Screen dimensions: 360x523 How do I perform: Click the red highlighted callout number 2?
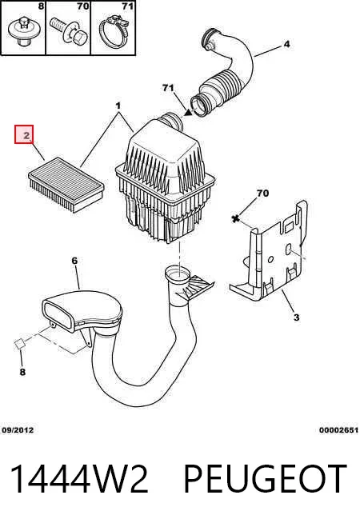tap(24, 134)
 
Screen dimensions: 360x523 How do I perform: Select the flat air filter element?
tap(66, 184)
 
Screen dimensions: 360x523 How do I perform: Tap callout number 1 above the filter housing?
tap(118, 106)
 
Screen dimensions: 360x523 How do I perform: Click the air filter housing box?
tap(165, 180)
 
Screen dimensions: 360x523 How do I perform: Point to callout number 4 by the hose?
tap(286, 44)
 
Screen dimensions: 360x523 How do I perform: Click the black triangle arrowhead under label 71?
tap(189, 113)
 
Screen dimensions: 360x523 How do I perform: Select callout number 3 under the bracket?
tap(296, 317)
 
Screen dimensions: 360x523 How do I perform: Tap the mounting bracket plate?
tap(269, 252)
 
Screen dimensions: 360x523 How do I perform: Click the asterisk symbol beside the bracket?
tap(236, 219)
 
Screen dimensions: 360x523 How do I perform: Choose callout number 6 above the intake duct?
tap(74, 261)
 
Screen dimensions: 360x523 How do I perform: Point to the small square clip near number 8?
tap(19, 344)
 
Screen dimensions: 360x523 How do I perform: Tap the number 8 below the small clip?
tap(22, 372)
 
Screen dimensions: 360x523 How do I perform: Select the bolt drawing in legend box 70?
tap(68, 32)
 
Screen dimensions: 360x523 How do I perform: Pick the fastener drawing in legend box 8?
tap(22, 32)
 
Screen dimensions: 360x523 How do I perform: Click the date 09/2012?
tap(18, 430)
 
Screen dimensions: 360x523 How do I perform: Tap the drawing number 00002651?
tap(338, 430)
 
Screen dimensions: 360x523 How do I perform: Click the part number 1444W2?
tap(79, 479)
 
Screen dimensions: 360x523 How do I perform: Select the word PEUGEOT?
tap(266, 479)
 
